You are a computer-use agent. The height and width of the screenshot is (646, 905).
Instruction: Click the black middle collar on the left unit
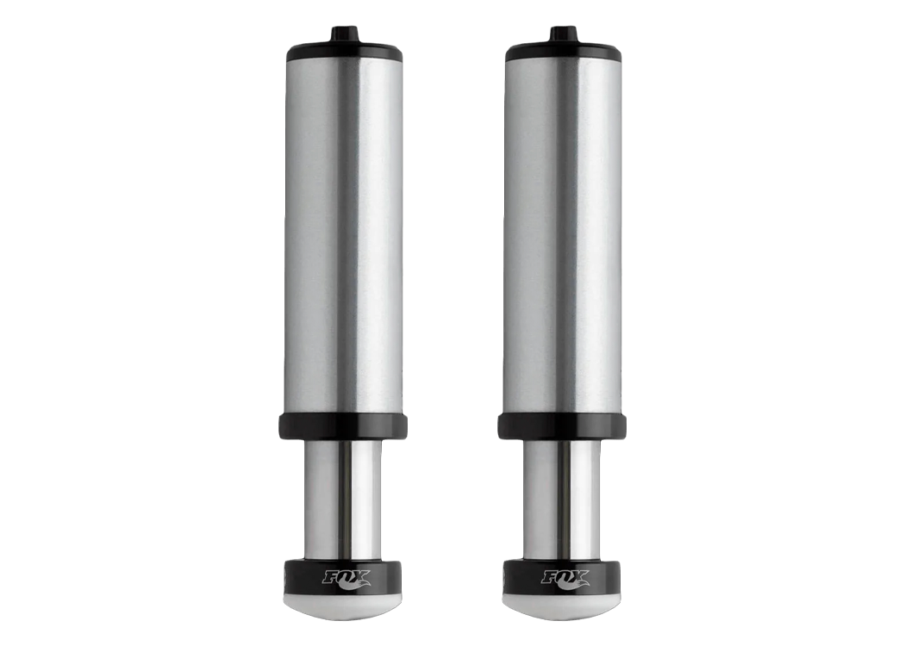click(x=343, y=425)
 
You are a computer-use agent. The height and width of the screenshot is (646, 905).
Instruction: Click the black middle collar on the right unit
click(x=562, y=425)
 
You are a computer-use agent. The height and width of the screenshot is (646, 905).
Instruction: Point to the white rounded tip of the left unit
click(x=343, y=606)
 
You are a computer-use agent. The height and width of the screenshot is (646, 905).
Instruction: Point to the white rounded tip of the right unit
click(x=562, y=606)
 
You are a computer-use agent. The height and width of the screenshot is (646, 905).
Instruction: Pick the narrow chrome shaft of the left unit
click(x=343, y=500)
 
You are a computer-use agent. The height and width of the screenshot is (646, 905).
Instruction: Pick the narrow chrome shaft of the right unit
click(x=562, y=500)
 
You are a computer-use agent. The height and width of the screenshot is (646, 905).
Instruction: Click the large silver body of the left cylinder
click(x=343, y=233)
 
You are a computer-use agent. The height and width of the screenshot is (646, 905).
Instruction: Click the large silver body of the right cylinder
click(x=562, y=233)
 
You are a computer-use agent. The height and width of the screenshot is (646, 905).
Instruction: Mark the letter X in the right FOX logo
click(x=578, y=575)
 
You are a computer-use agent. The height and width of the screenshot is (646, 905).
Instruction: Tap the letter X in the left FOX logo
click(x=359, y=575)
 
